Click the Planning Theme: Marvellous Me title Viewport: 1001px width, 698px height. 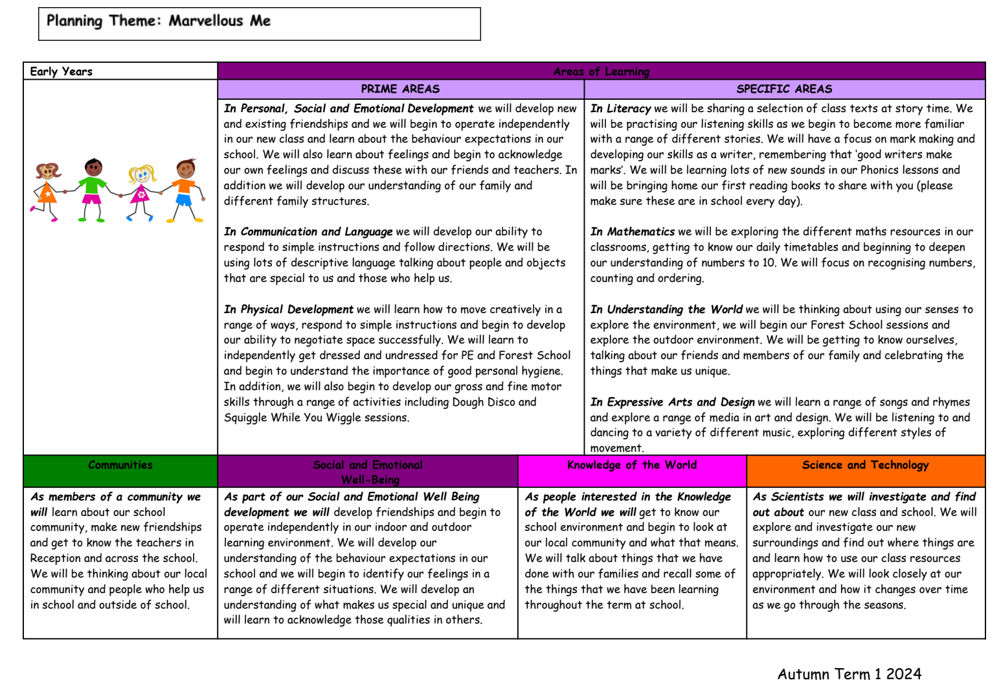[x=159, y=21]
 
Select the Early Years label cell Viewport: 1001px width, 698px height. [x=62, y=71]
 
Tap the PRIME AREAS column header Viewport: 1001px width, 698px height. [x=400, y=89]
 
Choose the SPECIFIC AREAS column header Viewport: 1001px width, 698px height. [x=784, y=89]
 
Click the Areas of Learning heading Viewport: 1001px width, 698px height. [x=601, y=71]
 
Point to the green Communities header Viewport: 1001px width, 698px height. [x=120, y=465]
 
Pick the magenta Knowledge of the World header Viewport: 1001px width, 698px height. [x=631, y=465]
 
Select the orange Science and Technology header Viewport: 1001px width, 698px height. [x=865, y=465]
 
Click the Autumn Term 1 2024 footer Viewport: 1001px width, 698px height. [x=849, y=674]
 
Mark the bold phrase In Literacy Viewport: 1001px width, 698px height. [x=620, y=109]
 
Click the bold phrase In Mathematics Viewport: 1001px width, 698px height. [x=632, y=232]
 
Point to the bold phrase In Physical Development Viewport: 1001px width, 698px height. [x=289, y=310]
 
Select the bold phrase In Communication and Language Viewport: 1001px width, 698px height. [x=308, y=232]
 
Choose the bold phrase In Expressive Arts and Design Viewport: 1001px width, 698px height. [x=672, y=402]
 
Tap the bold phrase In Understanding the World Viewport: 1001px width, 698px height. [x=666, y=310]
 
